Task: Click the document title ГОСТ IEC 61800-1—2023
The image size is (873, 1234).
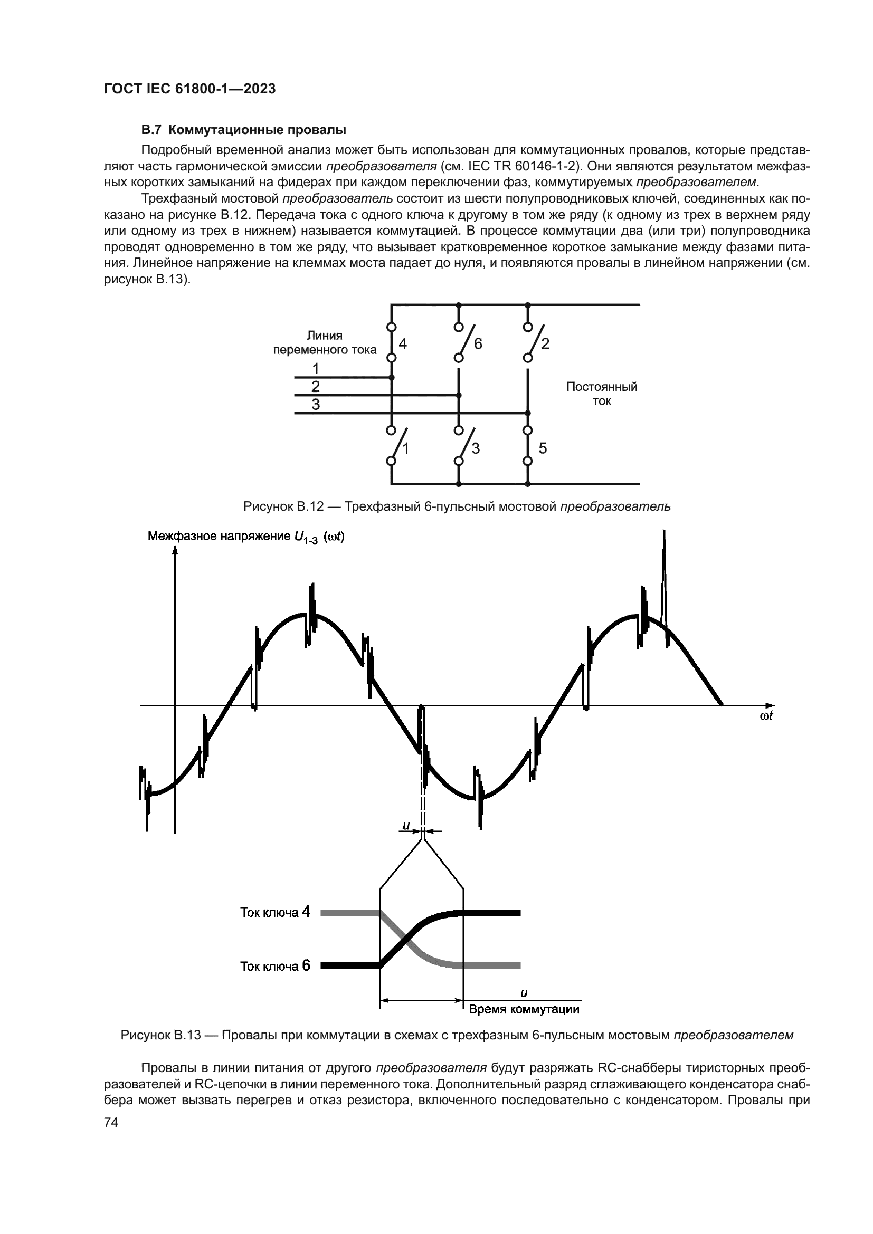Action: [x=190, y=89]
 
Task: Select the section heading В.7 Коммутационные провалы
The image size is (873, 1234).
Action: [x=243, y=130]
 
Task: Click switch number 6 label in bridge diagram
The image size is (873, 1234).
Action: [x=478, y=343]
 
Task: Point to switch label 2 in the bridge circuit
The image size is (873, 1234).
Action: [x=545, y=343]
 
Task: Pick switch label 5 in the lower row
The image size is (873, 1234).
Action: [x=543, y=448]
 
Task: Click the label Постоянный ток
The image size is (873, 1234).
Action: [x=602, y=394]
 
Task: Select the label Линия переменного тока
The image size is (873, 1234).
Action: [x=325, y=343]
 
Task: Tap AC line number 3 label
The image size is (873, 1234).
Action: [x=316, y=404]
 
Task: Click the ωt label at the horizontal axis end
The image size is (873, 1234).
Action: [x=766, y=716]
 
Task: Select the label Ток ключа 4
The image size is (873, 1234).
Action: [x=274, y=912]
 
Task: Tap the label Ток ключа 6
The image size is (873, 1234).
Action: [x=274, y=966]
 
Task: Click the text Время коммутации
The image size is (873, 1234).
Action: [x=524, y=1009]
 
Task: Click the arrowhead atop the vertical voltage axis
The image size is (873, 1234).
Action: [x=175, y=549]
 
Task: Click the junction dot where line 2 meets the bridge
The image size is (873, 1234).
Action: [x=459, y=395]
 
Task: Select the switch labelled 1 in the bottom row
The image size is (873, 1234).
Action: [x=398, y=445]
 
